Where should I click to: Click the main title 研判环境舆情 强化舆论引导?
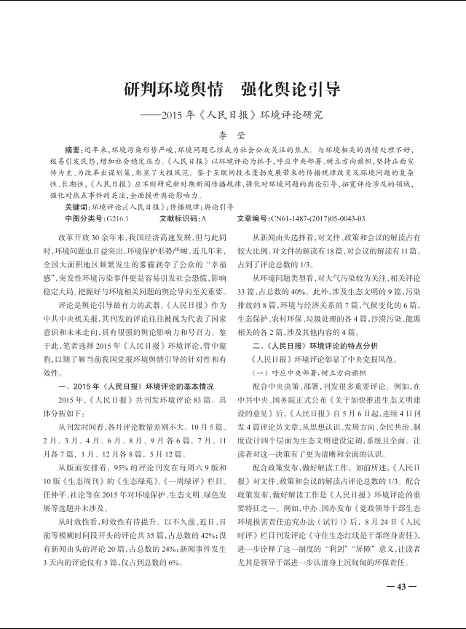pos(232,91)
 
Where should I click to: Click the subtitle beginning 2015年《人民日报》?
pos(232,114)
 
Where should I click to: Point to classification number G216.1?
pos(117,218)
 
